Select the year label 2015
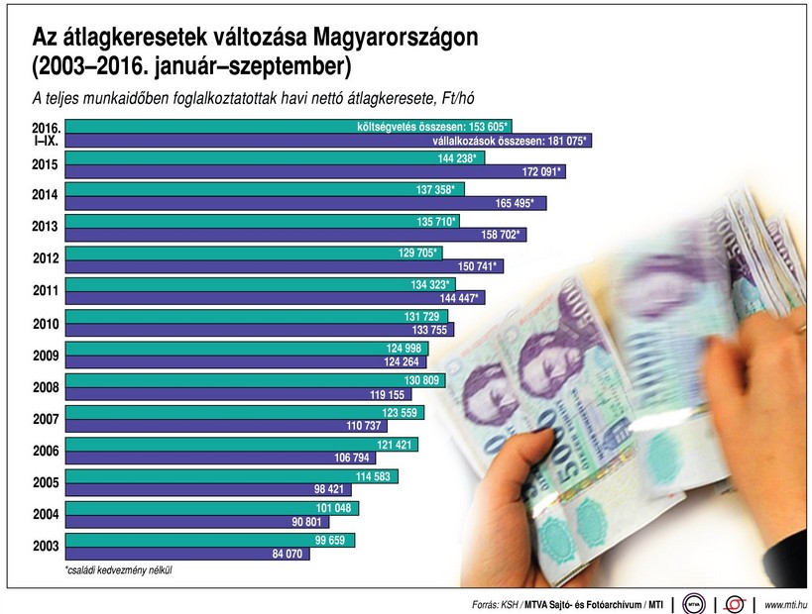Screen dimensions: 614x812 [46, 164]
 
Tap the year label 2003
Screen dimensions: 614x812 [46, 547]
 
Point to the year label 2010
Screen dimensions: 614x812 [46, 324]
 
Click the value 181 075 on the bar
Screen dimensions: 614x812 [564, 141]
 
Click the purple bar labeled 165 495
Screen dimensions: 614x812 [297, 204]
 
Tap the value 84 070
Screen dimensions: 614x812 [286, 555]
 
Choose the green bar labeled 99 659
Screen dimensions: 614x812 [198, 540]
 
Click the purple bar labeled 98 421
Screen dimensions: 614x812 [198, 490]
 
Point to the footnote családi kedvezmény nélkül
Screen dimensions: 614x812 [126, 570]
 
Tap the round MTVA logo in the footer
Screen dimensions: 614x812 [695, 602]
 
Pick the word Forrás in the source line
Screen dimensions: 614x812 [489, 604]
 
